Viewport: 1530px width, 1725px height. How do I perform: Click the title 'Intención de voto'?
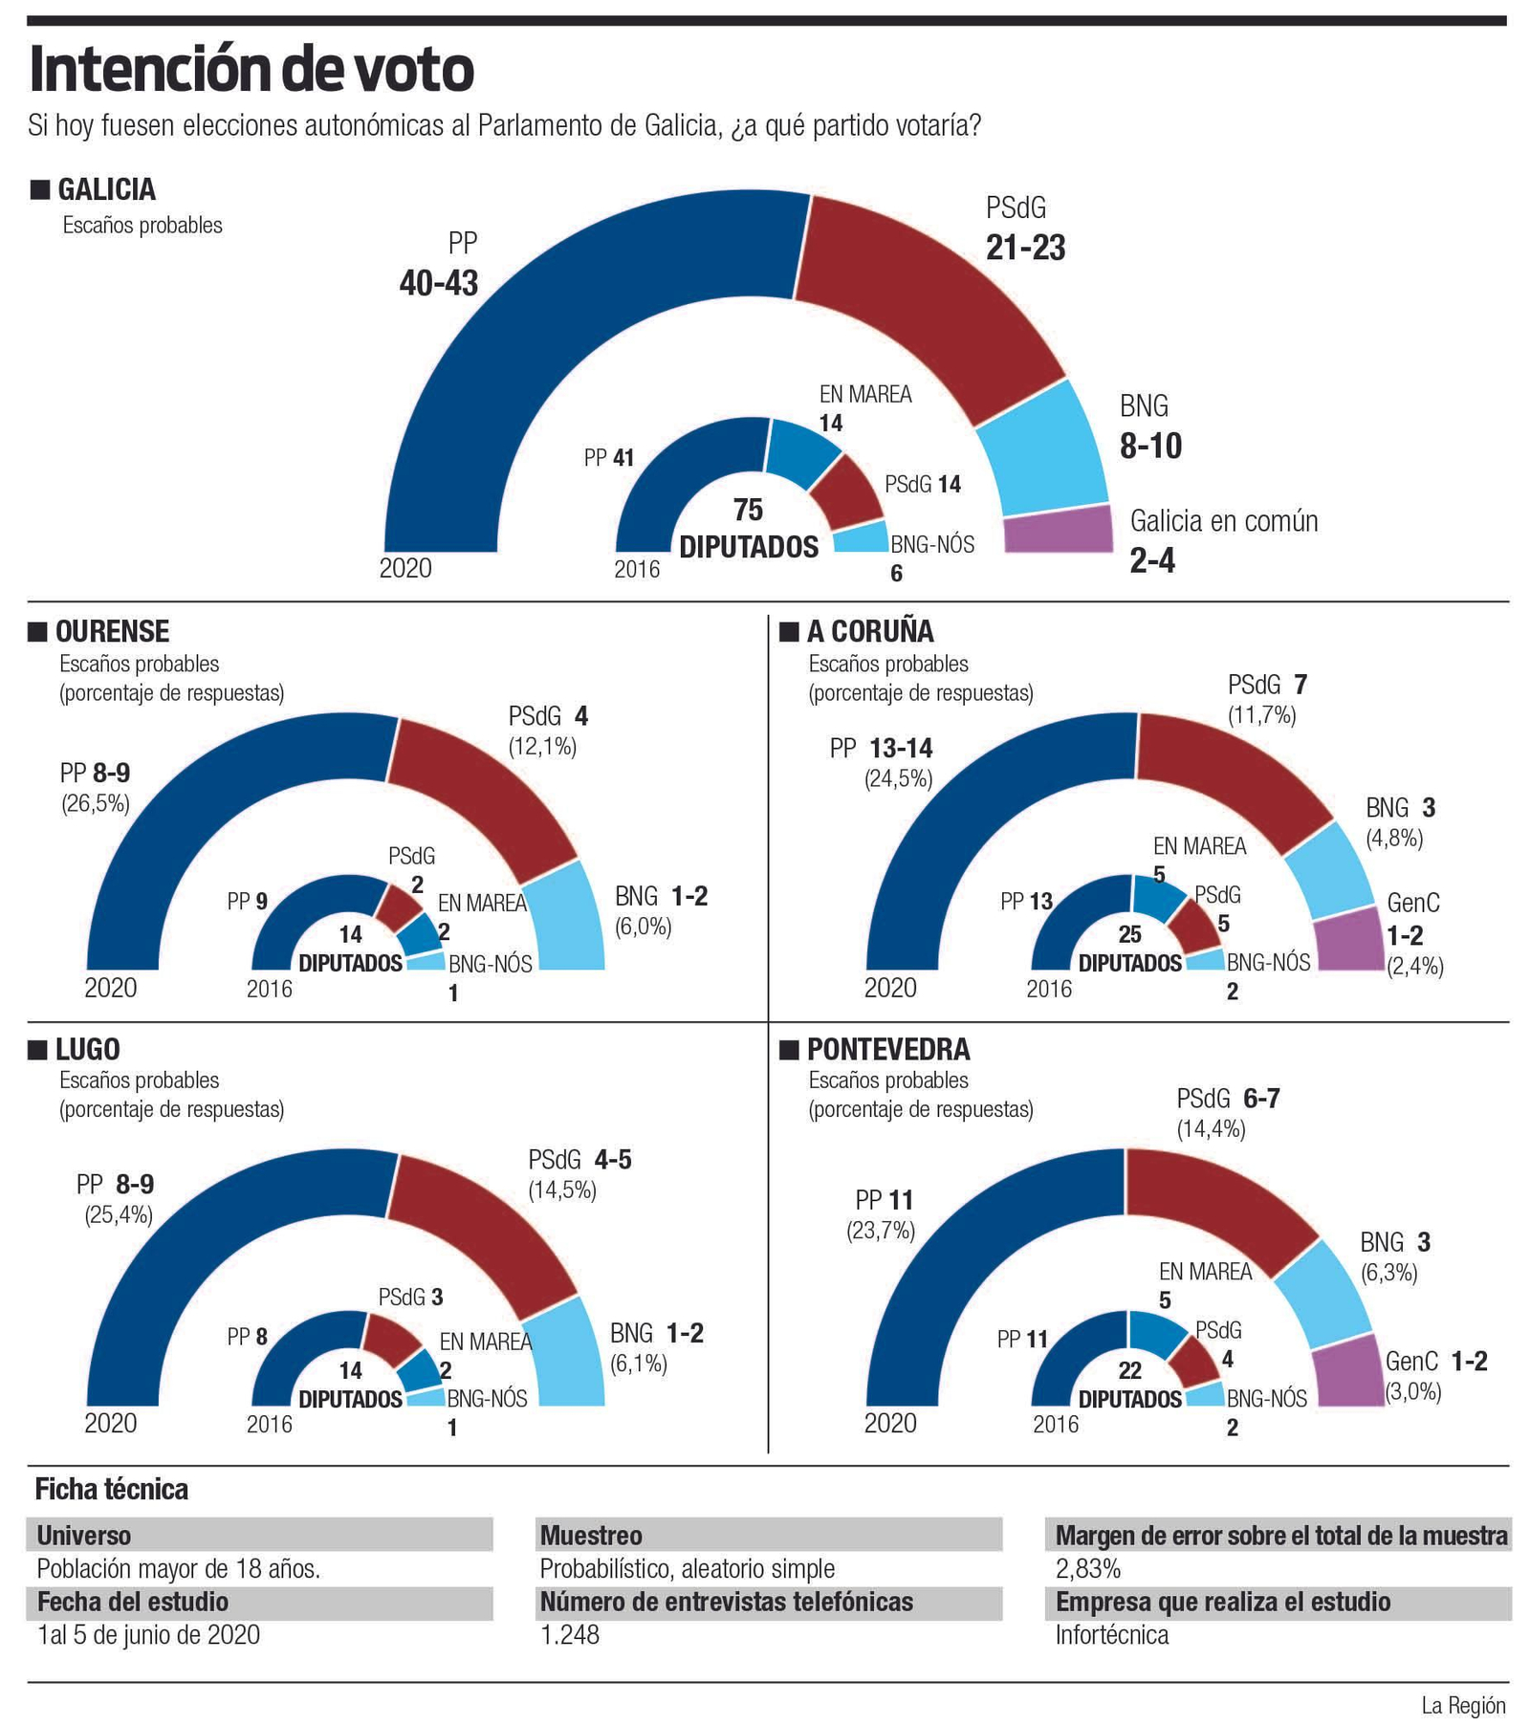251,69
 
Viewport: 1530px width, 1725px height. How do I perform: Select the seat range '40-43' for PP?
438,283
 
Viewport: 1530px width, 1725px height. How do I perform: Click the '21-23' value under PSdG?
1025,248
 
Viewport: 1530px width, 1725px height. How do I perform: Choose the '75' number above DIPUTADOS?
748,509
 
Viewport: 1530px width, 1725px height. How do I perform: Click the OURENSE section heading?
112,631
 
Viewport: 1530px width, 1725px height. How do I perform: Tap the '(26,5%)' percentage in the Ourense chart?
95,803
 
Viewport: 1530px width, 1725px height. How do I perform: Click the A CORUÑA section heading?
869,631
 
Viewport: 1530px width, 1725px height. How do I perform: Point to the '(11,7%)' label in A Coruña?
1261,715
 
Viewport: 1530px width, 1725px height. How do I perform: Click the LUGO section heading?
87,1049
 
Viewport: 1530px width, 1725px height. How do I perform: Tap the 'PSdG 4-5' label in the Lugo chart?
579,1160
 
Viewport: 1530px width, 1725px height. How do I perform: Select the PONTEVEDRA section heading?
887,1049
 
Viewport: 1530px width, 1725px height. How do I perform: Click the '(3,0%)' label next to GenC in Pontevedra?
1412,1391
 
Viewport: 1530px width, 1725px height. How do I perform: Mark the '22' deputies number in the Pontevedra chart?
1129,1370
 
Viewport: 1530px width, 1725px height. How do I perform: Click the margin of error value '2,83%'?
1087,1568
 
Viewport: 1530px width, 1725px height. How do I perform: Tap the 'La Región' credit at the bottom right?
1462,1705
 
